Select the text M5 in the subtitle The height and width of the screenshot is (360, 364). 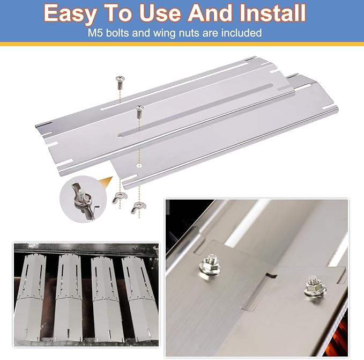[95, 33]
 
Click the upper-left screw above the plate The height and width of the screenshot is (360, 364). [120, 83]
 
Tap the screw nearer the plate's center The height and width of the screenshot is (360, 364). [139, 111]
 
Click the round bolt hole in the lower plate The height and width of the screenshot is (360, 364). [139, 166]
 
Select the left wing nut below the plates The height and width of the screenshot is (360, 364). [120, 198]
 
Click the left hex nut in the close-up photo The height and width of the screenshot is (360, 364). [210, 265]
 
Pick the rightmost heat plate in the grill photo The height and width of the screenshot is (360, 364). [140, 299]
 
